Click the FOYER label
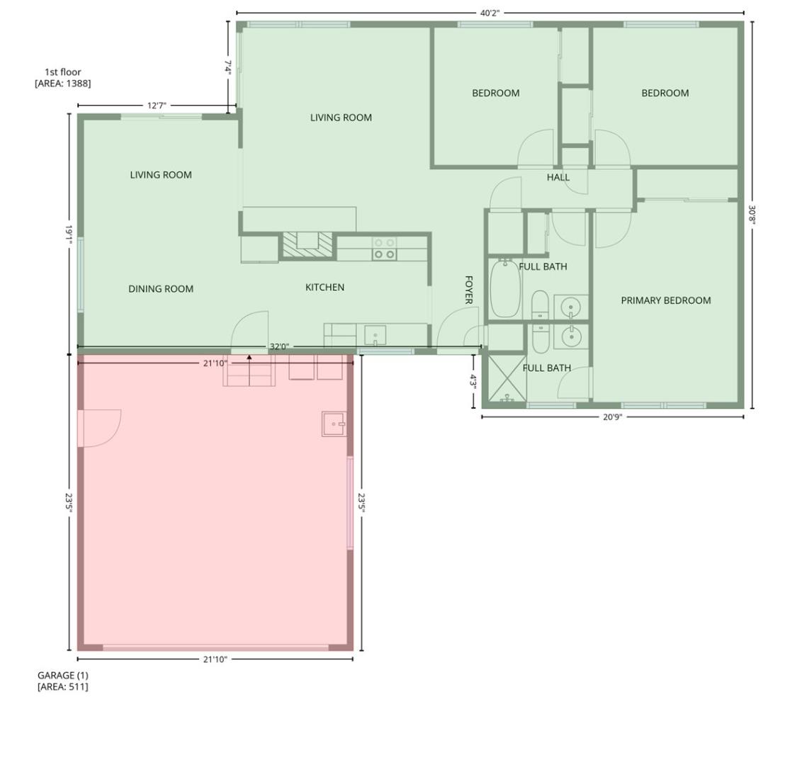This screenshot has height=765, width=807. tap(468, 290)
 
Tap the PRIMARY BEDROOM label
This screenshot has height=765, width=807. tap(665, 300)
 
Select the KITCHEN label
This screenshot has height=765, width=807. tap(325, 287)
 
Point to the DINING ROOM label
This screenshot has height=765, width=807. tap(161, 288)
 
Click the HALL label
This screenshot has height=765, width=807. tap(558, 177)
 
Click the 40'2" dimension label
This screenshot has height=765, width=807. tap(490, 13)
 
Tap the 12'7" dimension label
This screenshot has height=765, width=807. tap(157, 106)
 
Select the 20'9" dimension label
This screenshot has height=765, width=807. tap(612, 417)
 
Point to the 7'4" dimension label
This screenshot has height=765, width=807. tap(227, 67)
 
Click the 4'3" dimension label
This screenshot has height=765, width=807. tap(473, 381)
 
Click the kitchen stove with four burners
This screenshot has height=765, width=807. tap(384, 249)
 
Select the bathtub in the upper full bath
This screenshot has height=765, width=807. tap(505, 289)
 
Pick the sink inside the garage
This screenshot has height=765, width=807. tap(334, 424)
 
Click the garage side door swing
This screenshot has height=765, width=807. tap(101, 428)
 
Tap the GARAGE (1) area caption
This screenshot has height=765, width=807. tap(63, 681)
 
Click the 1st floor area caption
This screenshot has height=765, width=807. tap(62, 77)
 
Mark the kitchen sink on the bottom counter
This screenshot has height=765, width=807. tap(375, 334)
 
